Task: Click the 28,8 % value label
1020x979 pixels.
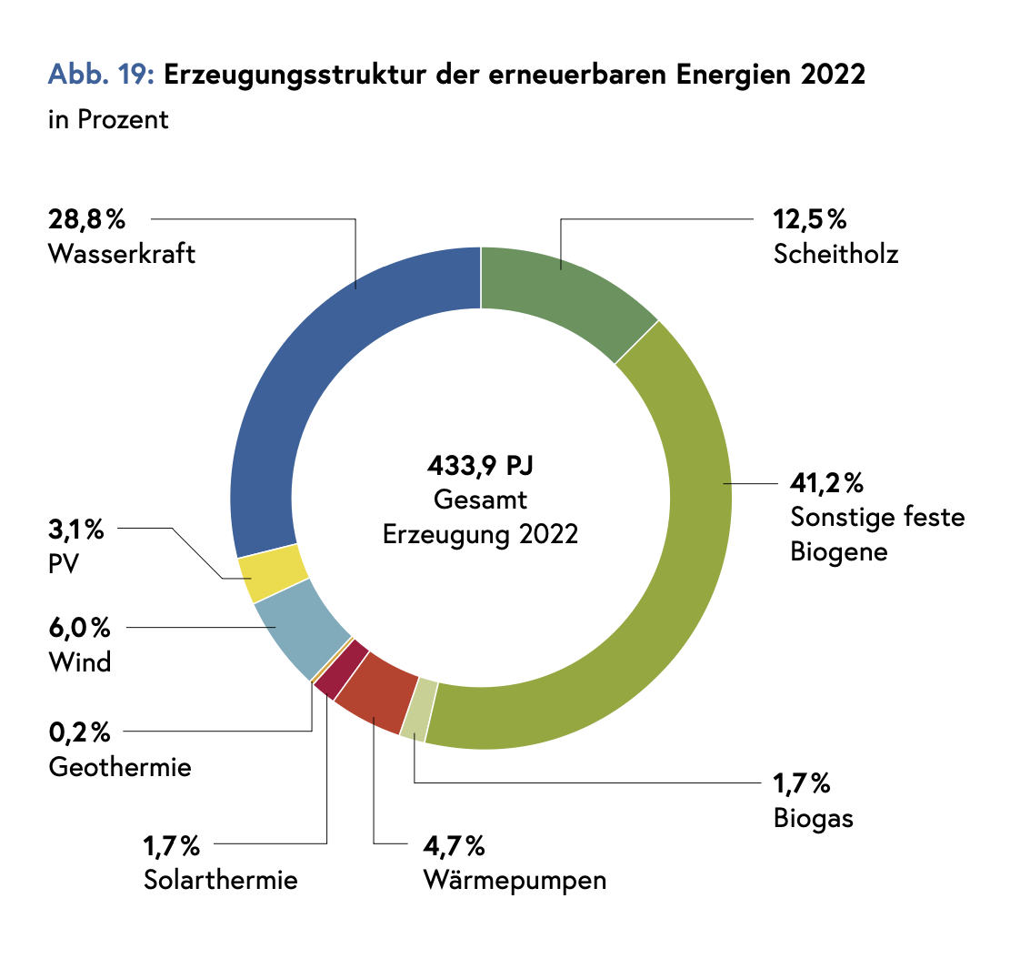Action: point(85,220)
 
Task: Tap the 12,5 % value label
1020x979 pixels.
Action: point(810,220)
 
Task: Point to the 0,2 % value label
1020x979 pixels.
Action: point(79,732)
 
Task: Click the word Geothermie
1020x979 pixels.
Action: point(120,767)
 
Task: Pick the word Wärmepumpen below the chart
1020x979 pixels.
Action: point(515,881)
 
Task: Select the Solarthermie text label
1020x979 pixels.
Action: point(221,881)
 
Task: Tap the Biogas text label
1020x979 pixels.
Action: point(814,818)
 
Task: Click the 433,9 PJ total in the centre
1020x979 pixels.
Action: point(480,467)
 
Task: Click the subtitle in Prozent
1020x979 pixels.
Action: point(108,120)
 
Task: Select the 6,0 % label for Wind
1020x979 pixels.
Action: point(79,628)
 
